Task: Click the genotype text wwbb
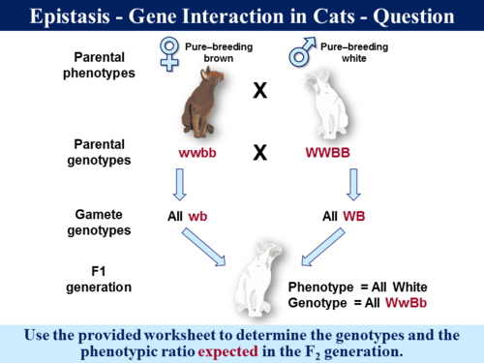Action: [201, 154]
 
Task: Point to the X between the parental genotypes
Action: [259, 154]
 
